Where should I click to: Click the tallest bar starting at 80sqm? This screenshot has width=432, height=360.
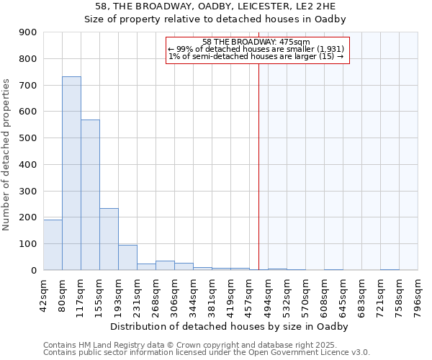click(71, 173)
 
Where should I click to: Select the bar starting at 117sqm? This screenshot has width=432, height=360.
click(90, 194)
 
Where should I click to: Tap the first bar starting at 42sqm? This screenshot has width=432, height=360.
click(53, 244)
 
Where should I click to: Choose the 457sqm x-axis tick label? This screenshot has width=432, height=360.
click(249, 292)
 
